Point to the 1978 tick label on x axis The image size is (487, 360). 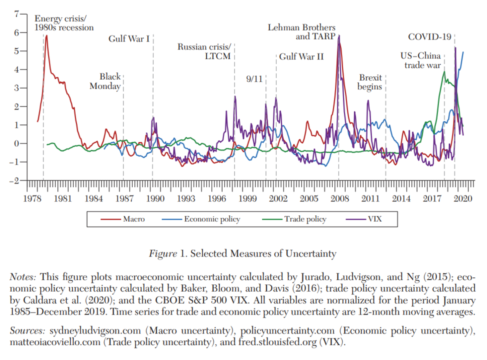point(32,198)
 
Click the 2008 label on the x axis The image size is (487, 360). point(339,198)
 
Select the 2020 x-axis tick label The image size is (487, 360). point(462,198)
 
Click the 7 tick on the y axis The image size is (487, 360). point(16,14)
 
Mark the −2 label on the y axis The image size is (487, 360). point(14,180)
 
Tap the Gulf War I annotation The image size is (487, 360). point(129,38)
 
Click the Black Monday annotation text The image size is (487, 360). point(105,81)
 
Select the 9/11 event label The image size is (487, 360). point(254,79)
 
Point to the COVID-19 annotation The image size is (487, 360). point(429,36)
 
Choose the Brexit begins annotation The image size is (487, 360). point(370,82)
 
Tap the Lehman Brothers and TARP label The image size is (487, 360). point(301,32)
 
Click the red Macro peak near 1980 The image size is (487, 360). point(46,35)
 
